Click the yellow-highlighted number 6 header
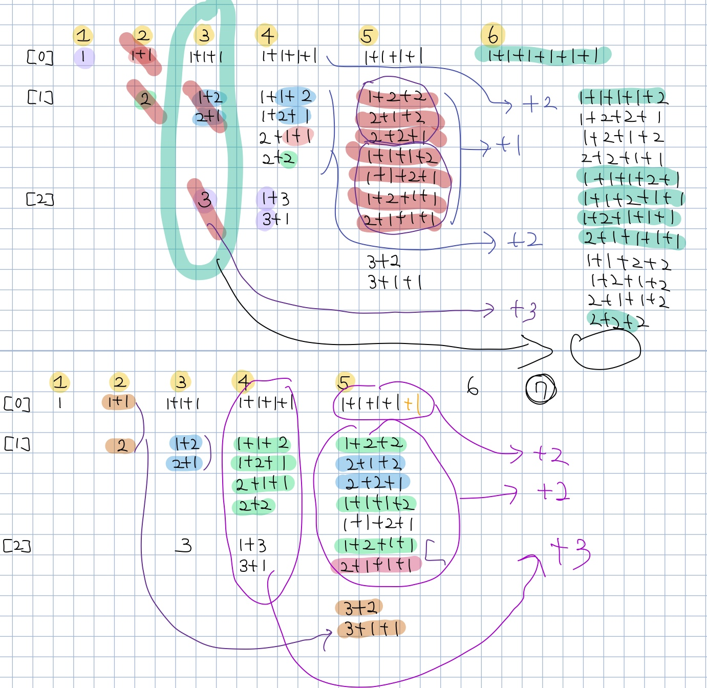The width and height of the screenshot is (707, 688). tap(492, 35)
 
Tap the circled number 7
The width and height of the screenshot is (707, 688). tap(541, 390)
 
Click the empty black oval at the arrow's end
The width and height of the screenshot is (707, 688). tap(605, 351)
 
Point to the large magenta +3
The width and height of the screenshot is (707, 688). tap(569, 553)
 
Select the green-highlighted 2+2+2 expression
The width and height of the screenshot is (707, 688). tap(617, 321)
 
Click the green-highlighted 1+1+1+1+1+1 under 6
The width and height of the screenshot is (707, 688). tap(543, 55)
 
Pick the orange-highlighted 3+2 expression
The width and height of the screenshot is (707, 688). tap(360, 608)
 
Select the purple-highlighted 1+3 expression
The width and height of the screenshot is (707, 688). tap(275, 198)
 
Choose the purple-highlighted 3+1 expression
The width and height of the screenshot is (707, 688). tap(275, 219)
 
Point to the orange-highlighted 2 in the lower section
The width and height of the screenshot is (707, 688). tap(121, 445)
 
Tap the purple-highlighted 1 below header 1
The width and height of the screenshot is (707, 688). tap(83, 57)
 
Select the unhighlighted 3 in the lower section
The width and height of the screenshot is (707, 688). tap(185, 545)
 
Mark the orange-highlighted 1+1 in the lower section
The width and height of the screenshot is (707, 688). tap(118, 401)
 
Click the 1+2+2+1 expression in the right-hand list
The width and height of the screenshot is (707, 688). tap(620, 118)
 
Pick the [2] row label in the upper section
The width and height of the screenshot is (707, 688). tap(40, 199)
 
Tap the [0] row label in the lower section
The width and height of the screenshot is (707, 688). tap(17, 403)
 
